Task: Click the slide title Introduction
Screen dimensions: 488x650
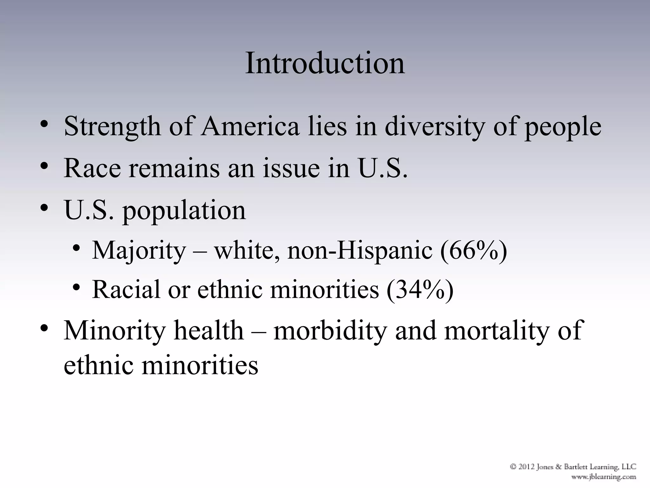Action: point(325,63)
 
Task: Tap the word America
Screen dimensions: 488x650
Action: point(250,126)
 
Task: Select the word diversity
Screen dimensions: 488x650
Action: point(435,127)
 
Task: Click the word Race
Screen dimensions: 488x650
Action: point(92,168)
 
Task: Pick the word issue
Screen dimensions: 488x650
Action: point(291,168)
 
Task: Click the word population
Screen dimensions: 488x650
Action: point(184,211)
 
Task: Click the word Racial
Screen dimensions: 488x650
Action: point(126,289)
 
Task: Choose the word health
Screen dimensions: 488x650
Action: point(209,331)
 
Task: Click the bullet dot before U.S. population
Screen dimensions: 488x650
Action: point(44,208)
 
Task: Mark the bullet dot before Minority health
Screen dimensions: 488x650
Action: point(44,328)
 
